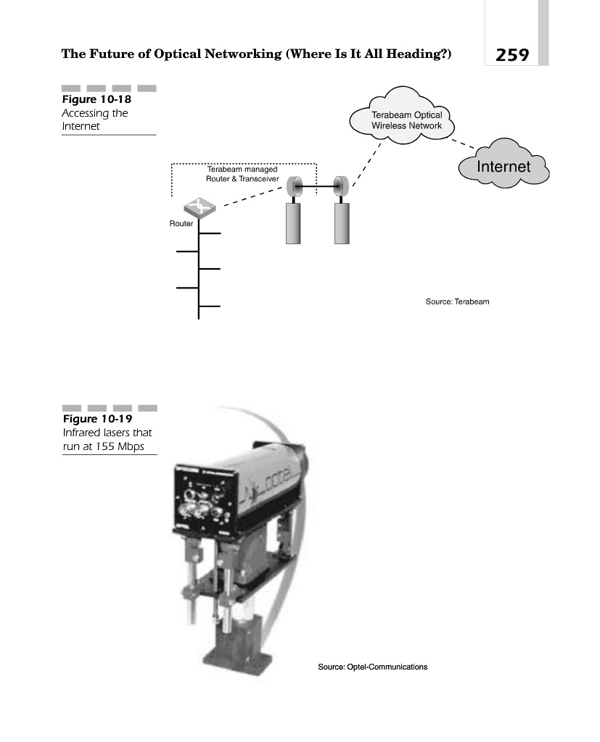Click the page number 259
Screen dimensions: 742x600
point(512,54)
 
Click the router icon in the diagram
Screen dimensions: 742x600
point(200,206)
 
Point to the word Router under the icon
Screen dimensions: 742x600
point(181,224)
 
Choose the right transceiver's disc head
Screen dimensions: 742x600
point(338,187)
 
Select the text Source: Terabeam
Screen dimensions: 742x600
point(457,301)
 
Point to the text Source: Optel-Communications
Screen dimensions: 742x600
point(373,667)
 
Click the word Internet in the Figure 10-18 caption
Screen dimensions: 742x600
point(81,127)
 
